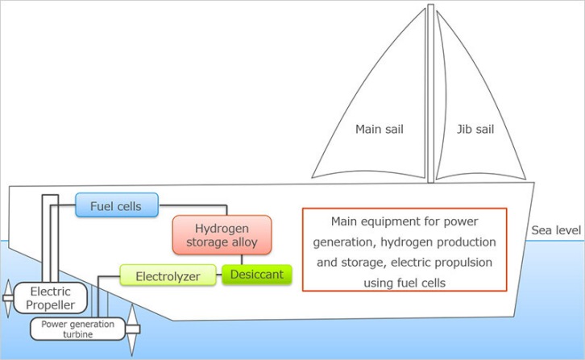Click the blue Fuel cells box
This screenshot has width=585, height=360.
pyautogui.click(x=117, y=205)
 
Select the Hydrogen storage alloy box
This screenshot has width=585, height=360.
pyautogui.click(x=222, y=234)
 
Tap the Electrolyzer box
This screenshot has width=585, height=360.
pyautogui.click(x=168, y=275)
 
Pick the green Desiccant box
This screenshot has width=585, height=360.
pyautogui.click(x=256, y=275)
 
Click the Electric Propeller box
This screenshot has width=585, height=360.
pyautogui.click(x=46, y=298)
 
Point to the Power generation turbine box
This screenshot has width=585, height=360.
pyautogui.click(x=78, y=329)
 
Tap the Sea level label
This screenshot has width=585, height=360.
pyautogui.click(x=556, y=231)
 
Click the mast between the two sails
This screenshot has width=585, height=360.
pyautogui.click(x=431, y=97)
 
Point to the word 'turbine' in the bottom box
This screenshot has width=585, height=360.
pyautogui.click(x=79, y=334)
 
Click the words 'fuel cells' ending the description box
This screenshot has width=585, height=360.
pyautogui.click(x=421, y=283)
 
